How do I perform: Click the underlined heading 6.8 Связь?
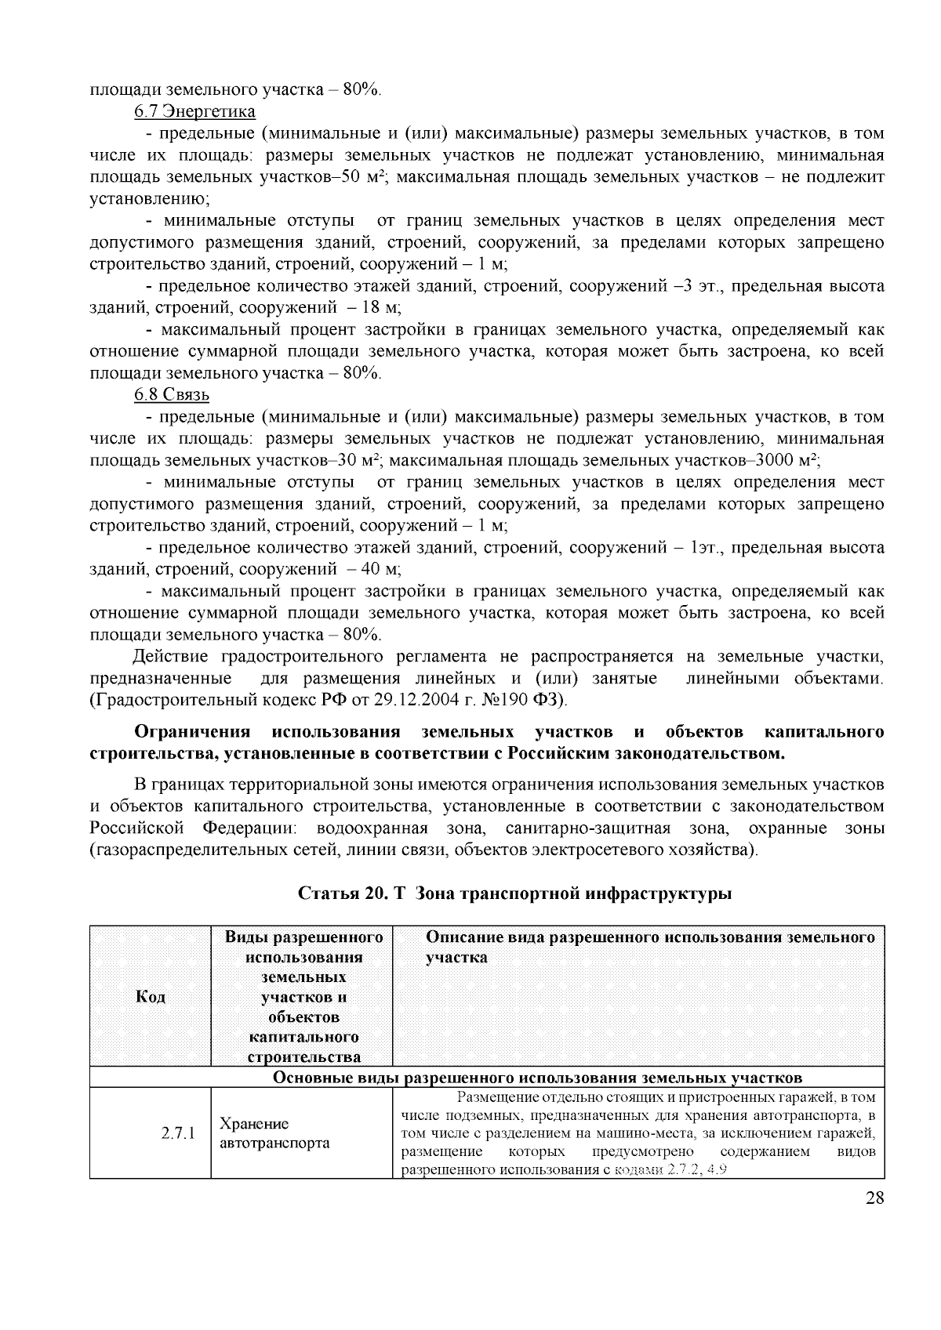(x=172, y=394)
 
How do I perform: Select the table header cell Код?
(x=151, y=996)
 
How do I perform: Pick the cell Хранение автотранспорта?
(x=274, y=1133)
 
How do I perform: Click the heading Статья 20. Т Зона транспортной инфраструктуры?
(x=515, y=893)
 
